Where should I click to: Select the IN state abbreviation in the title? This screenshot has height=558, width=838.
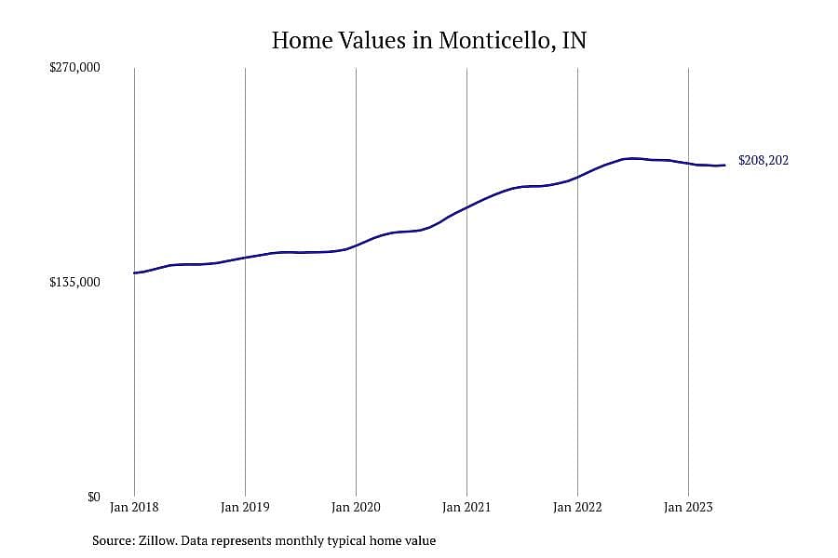tap(574, 40)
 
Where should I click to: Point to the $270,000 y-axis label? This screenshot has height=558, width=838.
tap(74, 67)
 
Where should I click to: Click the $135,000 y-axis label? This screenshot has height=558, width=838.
tap(74, 282)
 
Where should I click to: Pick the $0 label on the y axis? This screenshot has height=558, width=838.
tap(93, 498)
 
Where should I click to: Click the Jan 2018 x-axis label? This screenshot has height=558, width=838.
tap(134, 507)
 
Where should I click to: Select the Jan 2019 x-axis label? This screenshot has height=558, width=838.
tap(245, 507)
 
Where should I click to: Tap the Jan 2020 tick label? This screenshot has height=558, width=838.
tap(356, 507)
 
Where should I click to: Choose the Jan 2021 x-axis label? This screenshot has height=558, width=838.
tap(466, 507)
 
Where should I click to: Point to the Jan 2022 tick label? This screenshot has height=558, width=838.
tap(577, 507)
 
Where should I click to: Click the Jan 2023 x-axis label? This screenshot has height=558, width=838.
tap(688, 507)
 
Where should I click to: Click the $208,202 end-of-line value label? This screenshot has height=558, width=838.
tap(764, 160)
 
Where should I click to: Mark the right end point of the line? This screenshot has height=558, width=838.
tap(724, 165)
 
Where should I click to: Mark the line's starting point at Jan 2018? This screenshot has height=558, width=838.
tap(134, 272)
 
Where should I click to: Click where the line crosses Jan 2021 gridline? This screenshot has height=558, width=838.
tap(466, 207)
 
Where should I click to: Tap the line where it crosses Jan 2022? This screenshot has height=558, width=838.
tap(577, 177)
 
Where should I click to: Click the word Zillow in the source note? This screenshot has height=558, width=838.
tap(157, 541)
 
